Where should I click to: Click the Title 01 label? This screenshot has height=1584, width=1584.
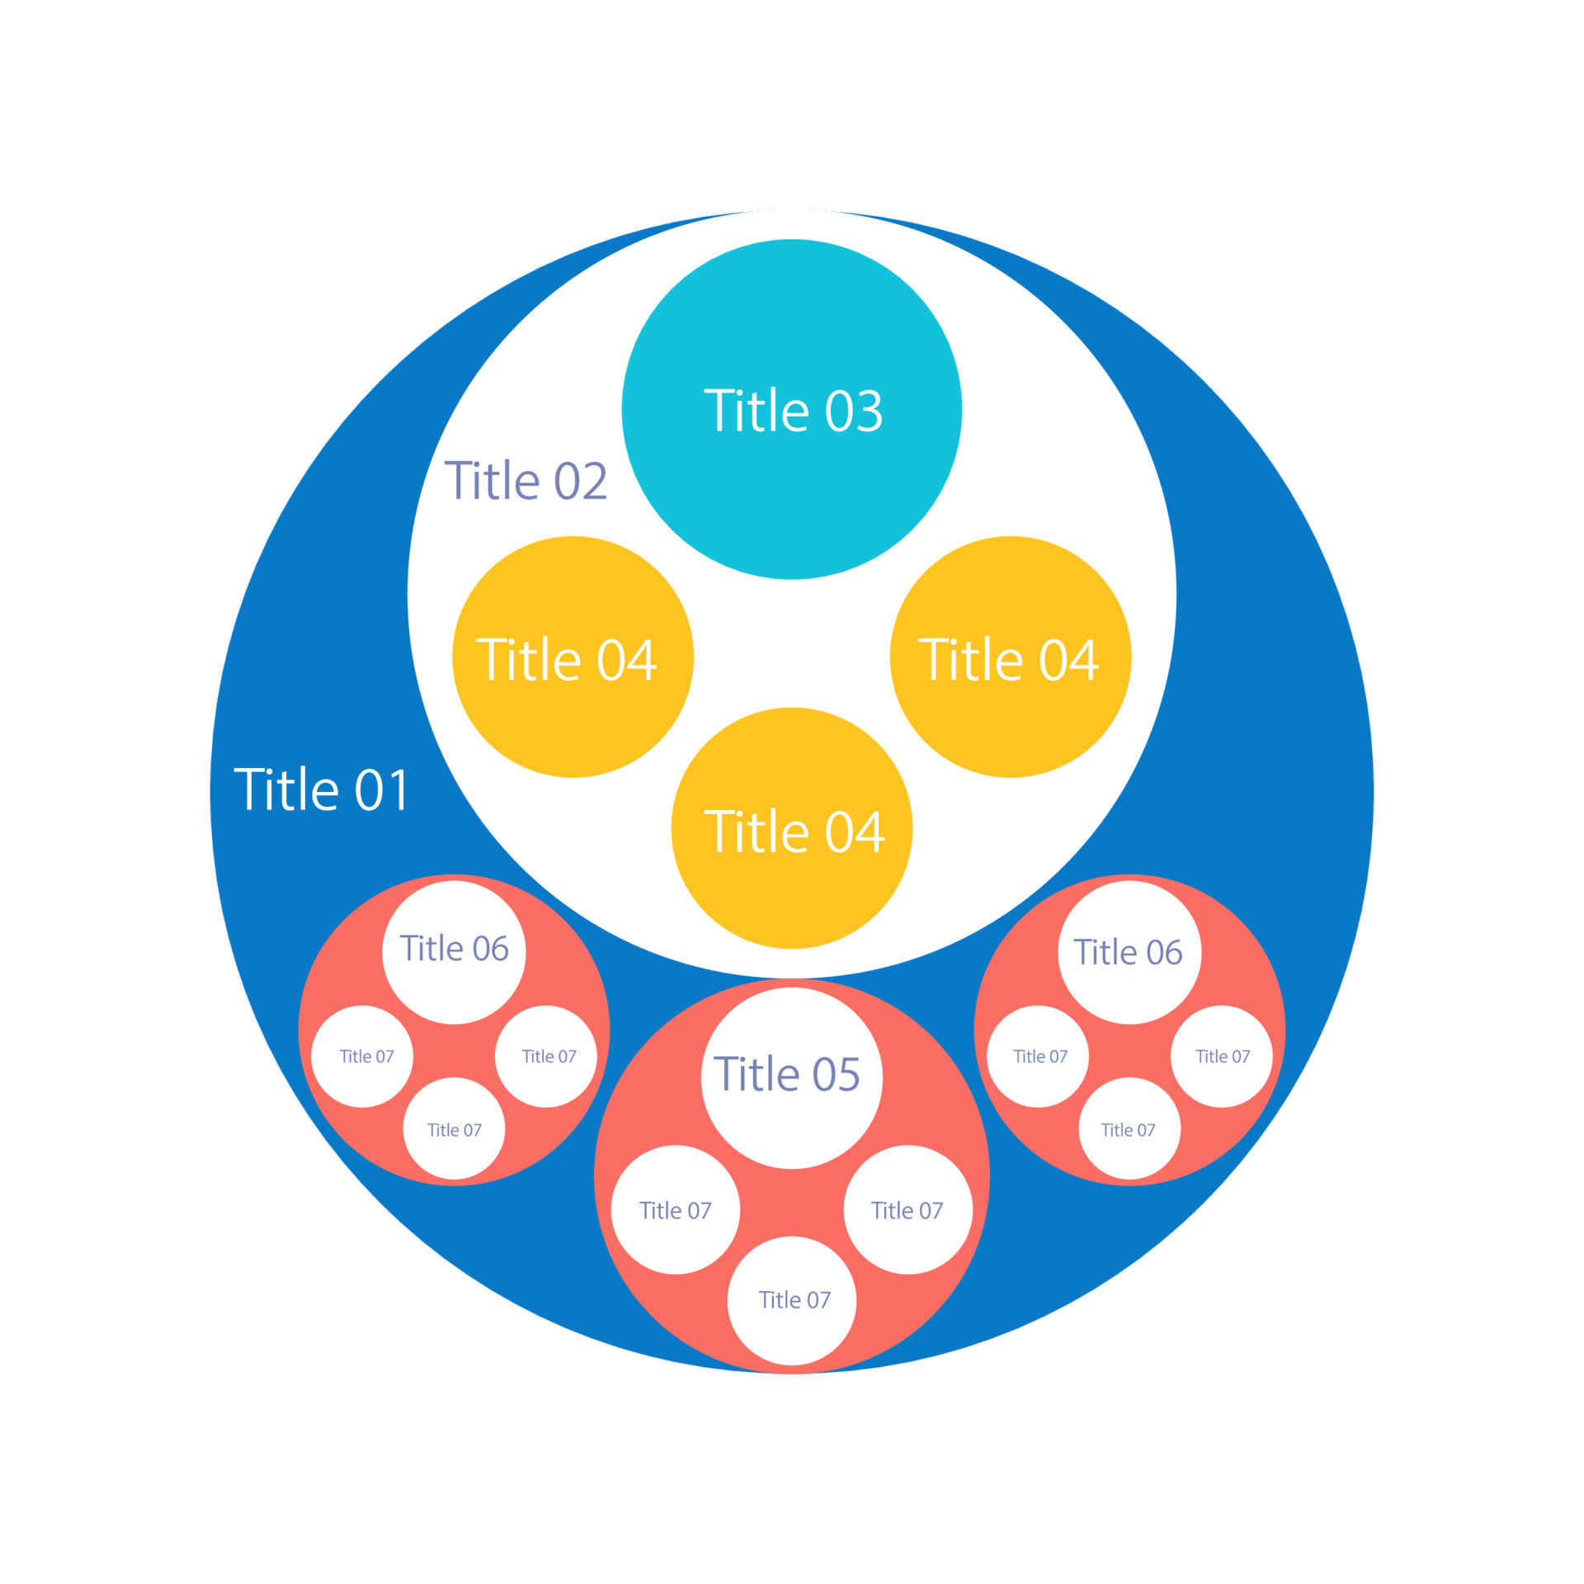(x=322, y=790)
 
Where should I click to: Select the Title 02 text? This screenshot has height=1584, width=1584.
(x=526, y=480)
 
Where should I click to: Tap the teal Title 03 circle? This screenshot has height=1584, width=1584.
(x=792, y=409)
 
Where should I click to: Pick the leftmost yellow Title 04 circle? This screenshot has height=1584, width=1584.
(x=573, y=657)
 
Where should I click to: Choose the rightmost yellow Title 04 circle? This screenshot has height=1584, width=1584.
(x=1011, y=657)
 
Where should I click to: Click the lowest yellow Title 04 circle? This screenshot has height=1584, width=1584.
(x=792, y=828)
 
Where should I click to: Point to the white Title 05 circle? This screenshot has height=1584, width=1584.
(x=792, y=1078)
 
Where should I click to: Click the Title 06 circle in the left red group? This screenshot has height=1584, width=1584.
(x=454, y=953)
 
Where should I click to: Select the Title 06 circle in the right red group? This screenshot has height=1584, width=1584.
(x=1129, y=953)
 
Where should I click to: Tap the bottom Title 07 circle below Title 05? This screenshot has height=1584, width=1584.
(x=792, y=1301)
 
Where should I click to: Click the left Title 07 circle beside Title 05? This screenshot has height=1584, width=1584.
(x=676, y=1210)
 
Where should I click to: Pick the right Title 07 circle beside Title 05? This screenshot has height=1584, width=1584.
(x=908, y=1210)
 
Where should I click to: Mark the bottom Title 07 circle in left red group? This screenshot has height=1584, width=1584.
(x=454, y=1129)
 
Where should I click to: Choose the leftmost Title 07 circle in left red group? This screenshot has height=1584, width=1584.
(x=362, y=1057)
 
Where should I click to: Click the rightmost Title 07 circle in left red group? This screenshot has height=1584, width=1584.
(x=546, y=1057)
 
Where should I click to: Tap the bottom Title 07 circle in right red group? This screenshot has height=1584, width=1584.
(x=1129, y=1129)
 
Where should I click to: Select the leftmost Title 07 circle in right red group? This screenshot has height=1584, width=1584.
(x=1038, y=1057)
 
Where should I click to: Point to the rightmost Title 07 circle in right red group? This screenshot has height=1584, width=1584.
(x=1222, y=1057)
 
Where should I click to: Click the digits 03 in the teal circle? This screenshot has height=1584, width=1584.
(x=854, y=411)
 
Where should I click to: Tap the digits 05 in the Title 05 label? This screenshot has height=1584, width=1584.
(x=836, y=1074)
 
